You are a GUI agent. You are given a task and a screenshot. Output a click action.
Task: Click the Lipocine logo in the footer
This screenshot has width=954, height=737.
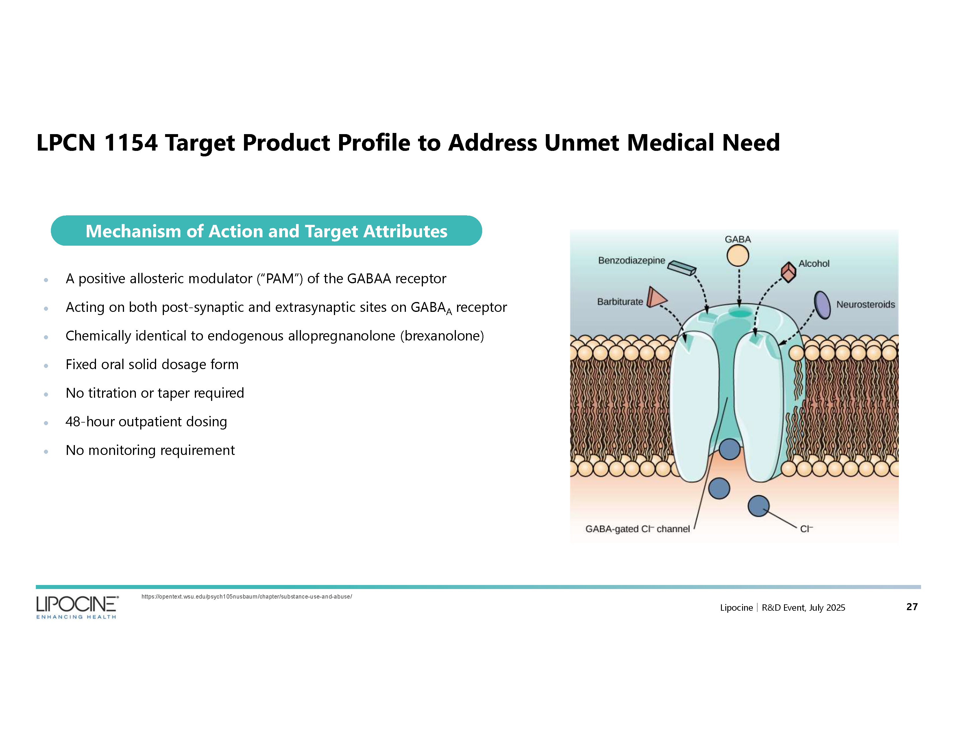[x=77, y=606]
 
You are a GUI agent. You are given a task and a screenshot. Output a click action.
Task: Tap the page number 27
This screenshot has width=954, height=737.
[x=912, y=606]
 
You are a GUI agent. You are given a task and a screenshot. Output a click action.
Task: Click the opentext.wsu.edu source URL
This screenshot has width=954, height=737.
[x=246, y=597]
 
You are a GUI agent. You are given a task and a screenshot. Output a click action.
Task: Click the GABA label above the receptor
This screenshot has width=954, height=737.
[x=737, y=239]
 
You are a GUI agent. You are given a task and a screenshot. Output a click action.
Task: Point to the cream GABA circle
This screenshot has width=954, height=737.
[x=737, y=256]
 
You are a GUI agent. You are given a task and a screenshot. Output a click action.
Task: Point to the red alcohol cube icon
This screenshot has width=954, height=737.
[x=788, y=272]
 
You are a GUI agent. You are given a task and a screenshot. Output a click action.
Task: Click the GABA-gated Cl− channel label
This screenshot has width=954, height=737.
[x=637, y=529]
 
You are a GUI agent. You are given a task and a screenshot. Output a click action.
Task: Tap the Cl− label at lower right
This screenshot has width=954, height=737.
[x=806, y=529]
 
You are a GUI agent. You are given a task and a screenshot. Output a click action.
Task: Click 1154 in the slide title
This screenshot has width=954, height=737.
[x=131, y=143]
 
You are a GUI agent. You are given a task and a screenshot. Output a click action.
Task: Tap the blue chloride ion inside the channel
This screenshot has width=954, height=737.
[x=729, y=449]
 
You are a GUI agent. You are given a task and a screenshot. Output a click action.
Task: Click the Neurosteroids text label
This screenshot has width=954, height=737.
[x=865, y=304]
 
